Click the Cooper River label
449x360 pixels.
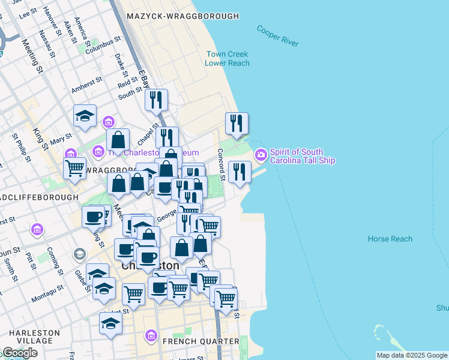(x=277, y=35)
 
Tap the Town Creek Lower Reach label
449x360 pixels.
(x=227, y=58)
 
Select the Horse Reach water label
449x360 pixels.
(x=390, y=239)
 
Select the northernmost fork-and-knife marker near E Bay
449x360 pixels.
(x=156, y=100)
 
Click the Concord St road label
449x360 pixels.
(x=221, y=164)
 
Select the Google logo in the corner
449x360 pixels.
(x=20, y=353)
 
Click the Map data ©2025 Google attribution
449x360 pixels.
(x=412, y=355)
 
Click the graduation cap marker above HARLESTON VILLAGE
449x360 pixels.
(x=110, y=323)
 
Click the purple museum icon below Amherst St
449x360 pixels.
(x=109, y=122)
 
